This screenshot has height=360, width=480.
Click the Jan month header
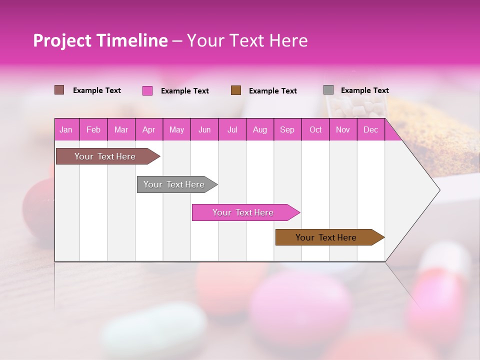(x=66, y=129)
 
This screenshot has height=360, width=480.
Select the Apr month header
(x=148, y=129)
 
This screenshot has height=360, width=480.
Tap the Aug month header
(x=259, y=129)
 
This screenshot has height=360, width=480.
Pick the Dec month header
(x=370, y=129)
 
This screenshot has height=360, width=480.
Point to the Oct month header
(x=315, y=129)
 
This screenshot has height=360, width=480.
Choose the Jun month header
(x=204, y=129)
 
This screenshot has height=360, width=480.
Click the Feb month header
(x=93, y=129)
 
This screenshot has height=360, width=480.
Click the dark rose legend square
(x=59, y=90)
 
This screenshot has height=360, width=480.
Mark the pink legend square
(x=147, y=90)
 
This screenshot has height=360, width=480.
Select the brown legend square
(x=236, y=90)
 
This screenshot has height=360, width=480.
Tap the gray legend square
(x=328, y=90)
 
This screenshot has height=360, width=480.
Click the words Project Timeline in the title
(x=100, y=40)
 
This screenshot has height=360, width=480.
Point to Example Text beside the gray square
(x=364, y=90)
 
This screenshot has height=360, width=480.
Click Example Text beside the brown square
(x=272, y=91)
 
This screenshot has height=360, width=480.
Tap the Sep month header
(x=287, y=129)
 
